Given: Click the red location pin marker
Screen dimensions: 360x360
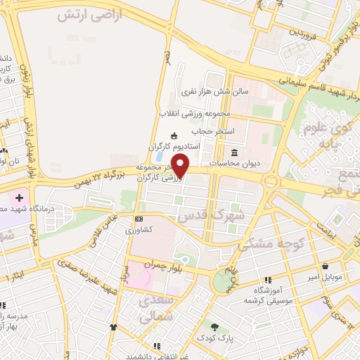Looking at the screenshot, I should tap(181, 166).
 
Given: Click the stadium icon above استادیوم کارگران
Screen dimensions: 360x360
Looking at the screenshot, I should tap(175, 136).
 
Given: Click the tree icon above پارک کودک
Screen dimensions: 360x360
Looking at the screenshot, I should tap(214, 327).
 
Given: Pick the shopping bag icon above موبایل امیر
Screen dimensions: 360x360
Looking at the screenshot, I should tap(327, 266).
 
